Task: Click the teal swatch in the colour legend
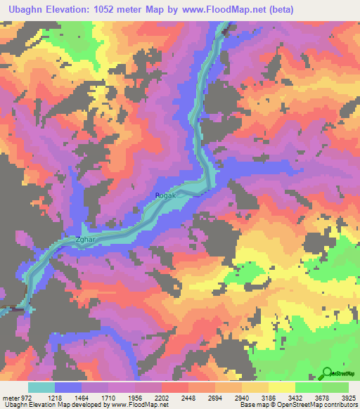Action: pos(41,387)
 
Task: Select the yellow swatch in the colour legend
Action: pos(282,387)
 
